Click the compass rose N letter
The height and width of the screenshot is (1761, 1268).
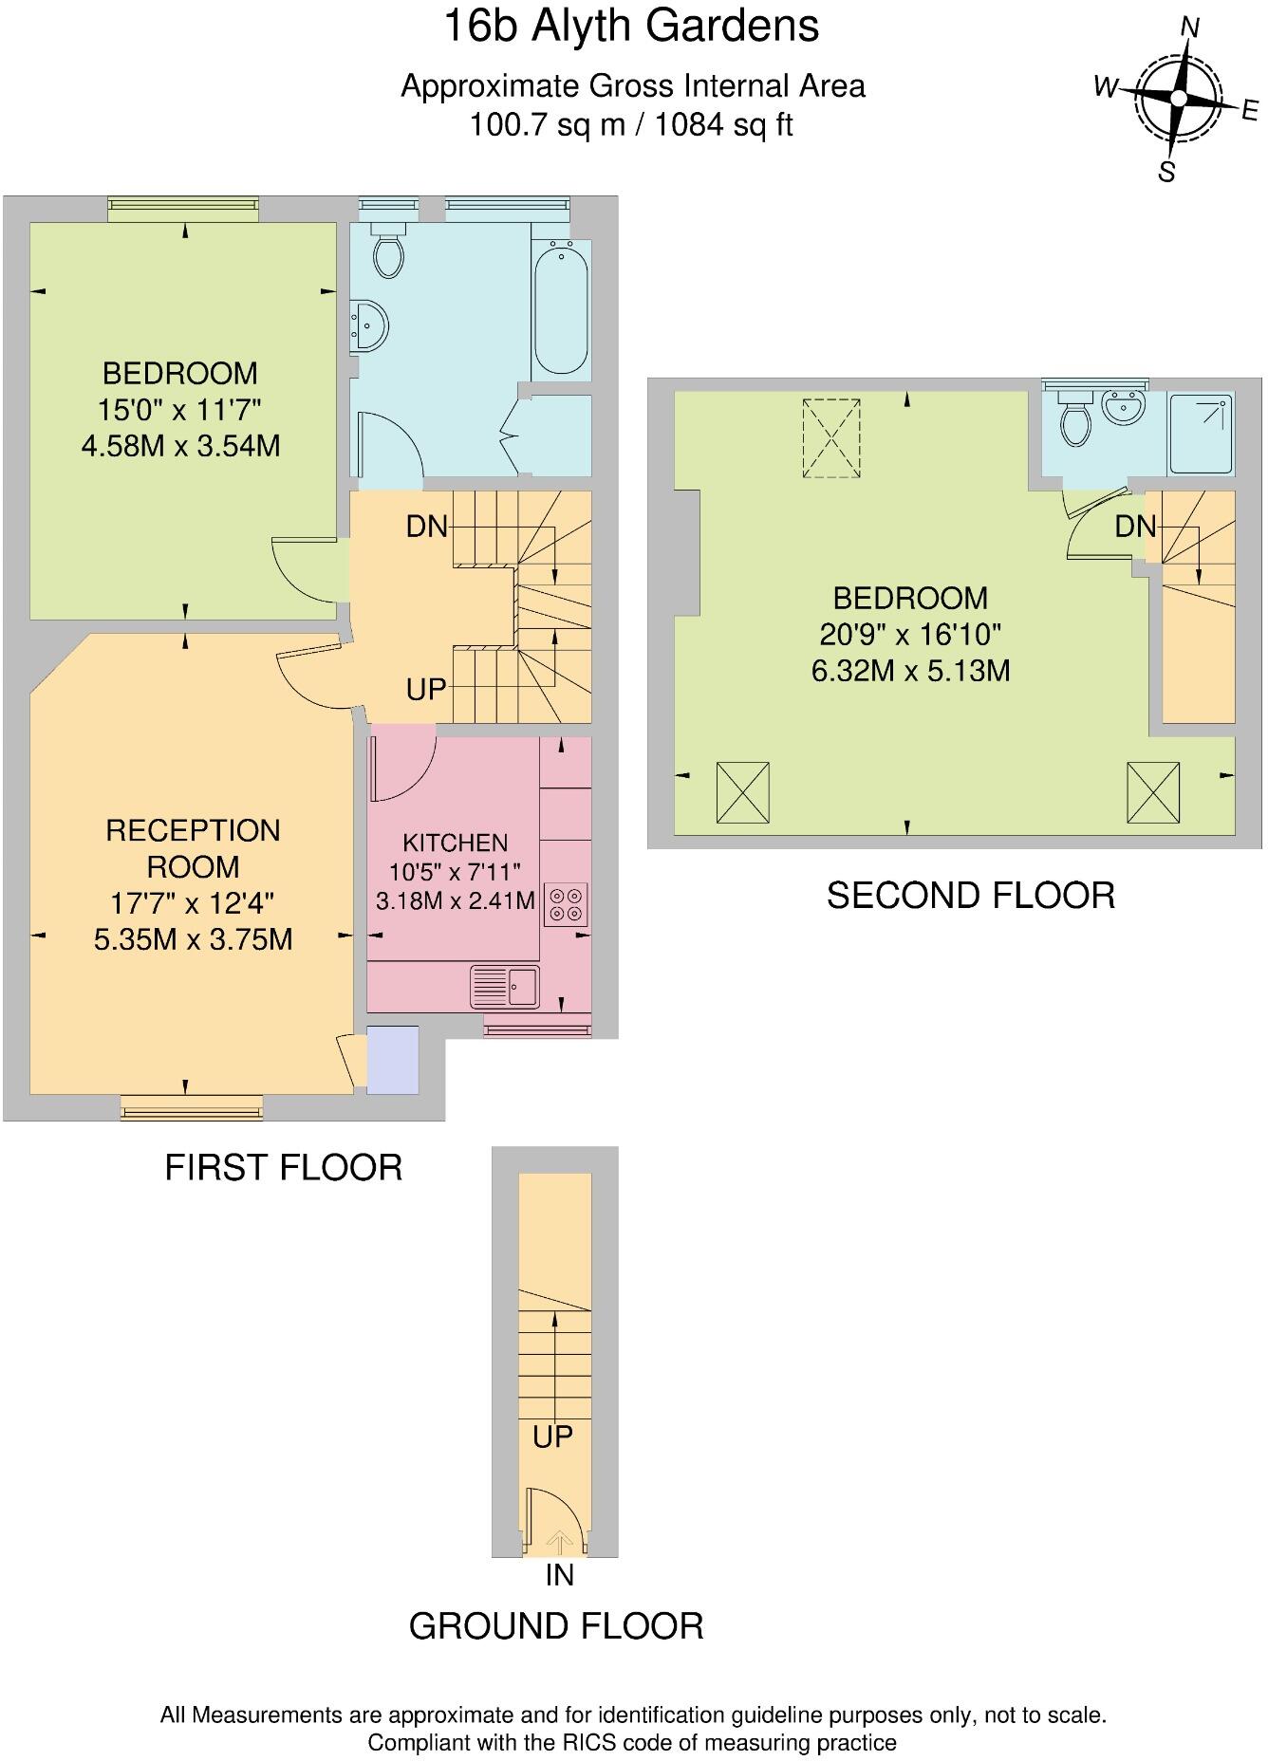pyautogui.click(x=1189, y=28)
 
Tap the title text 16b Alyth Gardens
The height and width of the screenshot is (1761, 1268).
pyautogui.click(x=632, y=27)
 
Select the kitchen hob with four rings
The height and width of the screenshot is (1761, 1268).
pyautogui.click(x=566, y=904)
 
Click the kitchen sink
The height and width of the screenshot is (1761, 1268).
pyautogui.click(x=505, y=987)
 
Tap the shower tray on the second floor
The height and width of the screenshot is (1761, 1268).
pyautogui.click(x=1201, y=435)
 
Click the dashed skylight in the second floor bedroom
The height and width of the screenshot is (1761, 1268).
pyautogui.click(x=832, y=438)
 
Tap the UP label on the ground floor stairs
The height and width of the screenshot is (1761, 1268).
pyautogui.click(x=552, y=1437)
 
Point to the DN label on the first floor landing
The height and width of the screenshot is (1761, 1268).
pyautogui.click(x=427, y=527)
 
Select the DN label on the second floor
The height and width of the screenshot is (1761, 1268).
pyautogui.click(x=1135, y=527)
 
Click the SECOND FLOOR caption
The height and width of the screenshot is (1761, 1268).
pyautogui.click(x=970, y=896)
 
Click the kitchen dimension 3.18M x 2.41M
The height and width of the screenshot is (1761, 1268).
pyautogui.click(x=456, y=900)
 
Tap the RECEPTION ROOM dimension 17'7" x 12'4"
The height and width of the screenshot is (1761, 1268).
pyautogui.click(x=193, y=903)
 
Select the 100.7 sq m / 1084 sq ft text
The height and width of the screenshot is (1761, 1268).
pyautogui.click(x=632, y=124)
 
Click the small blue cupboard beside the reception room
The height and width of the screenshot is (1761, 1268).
pyautogui.click(x=393, y=1059)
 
